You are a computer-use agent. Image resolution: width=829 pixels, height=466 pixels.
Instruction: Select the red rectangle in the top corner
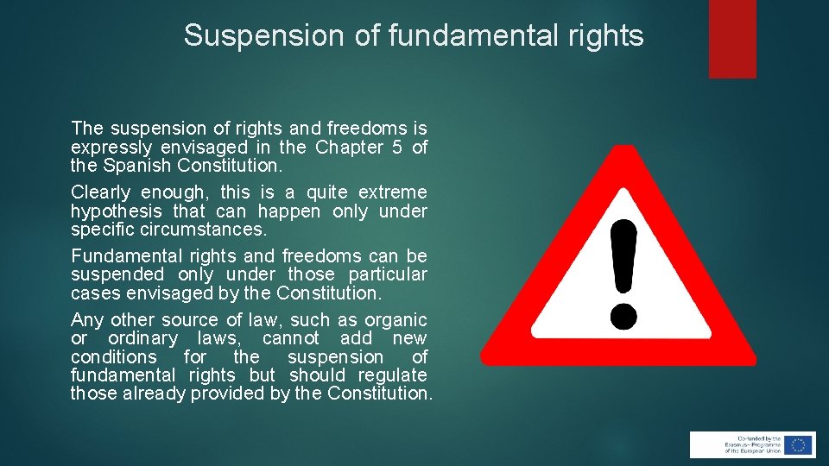pyautogui.click(x=732, y=38)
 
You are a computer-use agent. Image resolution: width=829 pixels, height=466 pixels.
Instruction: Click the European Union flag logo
pyautogui.click(x=799, y=444)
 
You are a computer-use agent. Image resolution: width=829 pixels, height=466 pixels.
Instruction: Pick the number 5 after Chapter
pyautogui.click(x=396, y=148)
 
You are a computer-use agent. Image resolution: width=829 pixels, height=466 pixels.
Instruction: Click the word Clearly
pyautogui.click(x=101, y=192)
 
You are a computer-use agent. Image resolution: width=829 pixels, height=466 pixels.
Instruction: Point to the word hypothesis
pyautogui.click(x=114, y=211)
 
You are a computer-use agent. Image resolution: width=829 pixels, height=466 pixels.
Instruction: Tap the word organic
pyautogui.click(x=396, y=320)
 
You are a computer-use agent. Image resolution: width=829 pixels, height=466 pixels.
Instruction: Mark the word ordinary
pyautogui.click(x=143, y=339)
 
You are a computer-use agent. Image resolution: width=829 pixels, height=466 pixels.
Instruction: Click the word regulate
pyautogui.click(x=394, y=375)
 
